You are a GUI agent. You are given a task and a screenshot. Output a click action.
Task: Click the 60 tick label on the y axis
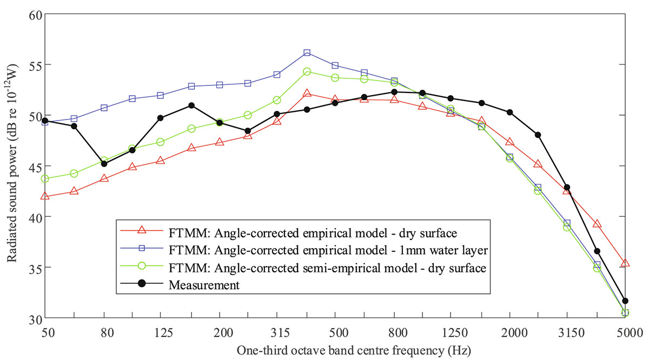[x=34, y=14]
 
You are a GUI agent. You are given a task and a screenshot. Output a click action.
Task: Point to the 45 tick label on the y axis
[x=34, y=166]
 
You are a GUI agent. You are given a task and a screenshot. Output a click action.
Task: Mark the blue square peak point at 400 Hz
[x=307, y=52]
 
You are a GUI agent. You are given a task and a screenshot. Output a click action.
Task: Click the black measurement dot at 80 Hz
[x=104, y=164]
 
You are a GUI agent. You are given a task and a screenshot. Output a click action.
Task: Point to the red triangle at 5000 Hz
[x=625, y=263]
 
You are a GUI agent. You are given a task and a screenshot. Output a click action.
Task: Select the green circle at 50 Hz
[x=45, y=178]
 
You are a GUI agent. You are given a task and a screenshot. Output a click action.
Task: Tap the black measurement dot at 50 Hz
[x=45, y=121]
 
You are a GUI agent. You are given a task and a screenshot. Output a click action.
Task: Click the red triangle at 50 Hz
[x=45, y=196]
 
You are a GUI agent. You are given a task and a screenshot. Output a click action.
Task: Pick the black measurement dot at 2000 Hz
[x=509, y=112]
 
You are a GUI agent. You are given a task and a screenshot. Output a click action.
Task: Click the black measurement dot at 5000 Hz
[x=625, y=301]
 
